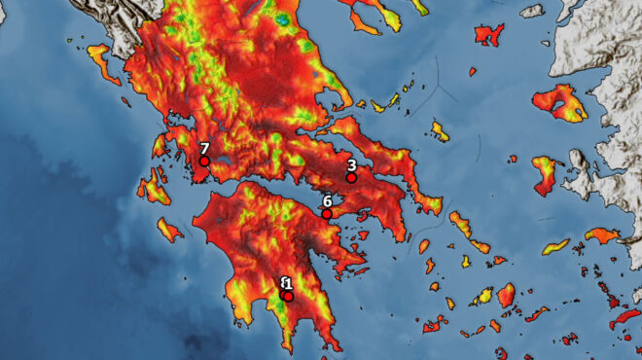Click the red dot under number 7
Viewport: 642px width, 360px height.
pyautogui.click(x=204, y=162)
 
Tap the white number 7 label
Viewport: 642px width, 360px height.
pyautogui.click(x=204, y=149)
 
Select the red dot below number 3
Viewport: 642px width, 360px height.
pyautogui.click(x=351, y=178)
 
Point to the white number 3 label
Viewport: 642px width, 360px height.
pyautogui.click(x=351, y=165)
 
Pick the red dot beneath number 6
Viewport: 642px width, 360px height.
pyautogui.click(x=327, y=214)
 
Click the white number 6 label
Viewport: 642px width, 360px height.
pyautogui.click(x=327, y=200)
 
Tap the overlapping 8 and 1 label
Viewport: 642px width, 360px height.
pyautogui.click(x=286, y=283)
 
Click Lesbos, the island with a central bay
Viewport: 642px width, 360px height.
pyautogui.click(x=560, y=101)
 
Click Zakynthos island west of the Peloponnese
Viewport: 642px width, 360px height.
pyautogui.click(x=169, y=231)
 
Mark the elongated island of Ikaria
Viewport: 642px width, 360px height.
pyautogui.click(x=555, y=247)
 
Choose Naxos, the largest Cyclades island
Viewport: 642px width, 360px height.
pyautogui.click(x=506, y=294)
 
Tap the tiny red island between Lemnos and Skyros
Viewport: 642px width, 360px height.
pyautogui.click(x=472, y=71)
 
